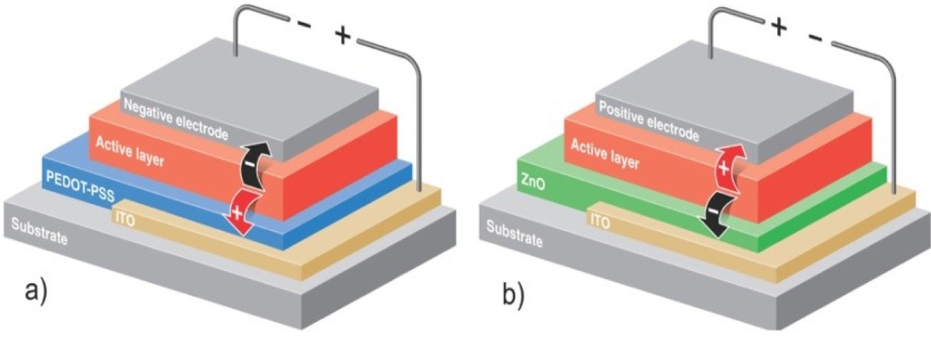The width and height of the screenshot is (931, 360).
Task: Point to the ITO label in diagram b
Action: pyautogui.click(x=599, y=221)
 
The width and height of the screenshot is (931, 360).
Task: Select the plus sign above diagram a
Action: pyautogui.click(x=343, y=36)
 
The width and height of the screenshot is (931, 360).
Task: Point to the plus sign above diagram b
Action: pyautogui.click(x=778, y=27)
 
